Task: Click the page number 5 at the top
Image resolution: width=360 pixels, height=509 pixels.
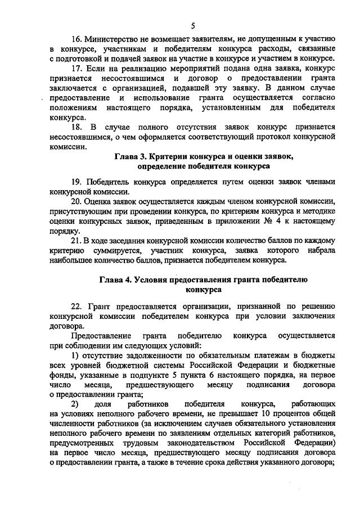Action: (x=193, y=25)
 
